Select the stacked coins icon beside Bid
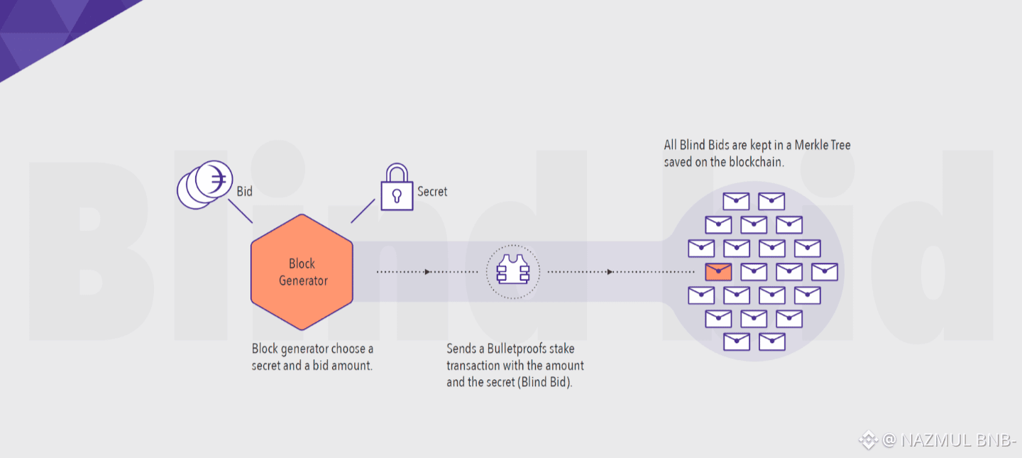coord(204,185)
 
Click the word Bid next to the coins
coord(244,192)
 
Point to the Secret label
coord(432,192)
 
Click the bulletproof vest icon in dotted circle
coord(512,271)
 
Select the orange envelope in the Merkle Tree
coord(718,271)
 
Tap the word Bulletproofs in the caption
coord(516,349)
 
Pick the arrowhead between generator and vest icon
coord(427,271)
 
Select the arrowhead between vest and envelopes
coord(609,271)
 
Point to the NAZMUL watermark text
coord(933,440)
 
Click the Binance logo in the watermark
coord(868,440)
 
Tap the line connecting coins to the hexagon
coord(240,211)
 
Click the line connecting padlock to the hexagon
coord(363,211)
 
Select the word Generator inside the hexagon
coord(303,280)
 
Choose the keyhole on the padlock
coord(397,195)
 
